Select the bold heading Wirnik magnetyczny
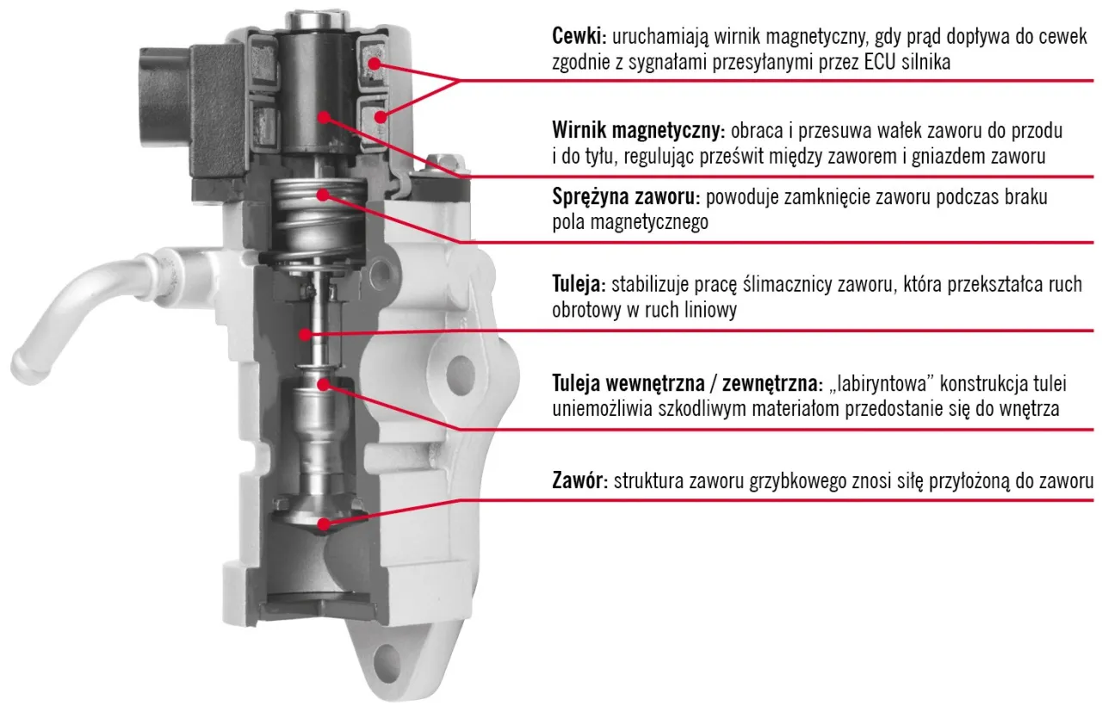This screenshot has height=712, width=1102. (636, 132)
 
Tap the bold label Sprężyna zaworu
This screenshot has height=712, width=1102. (626, 197)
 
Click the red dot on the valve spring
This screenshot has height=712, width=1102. (323, 195)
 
